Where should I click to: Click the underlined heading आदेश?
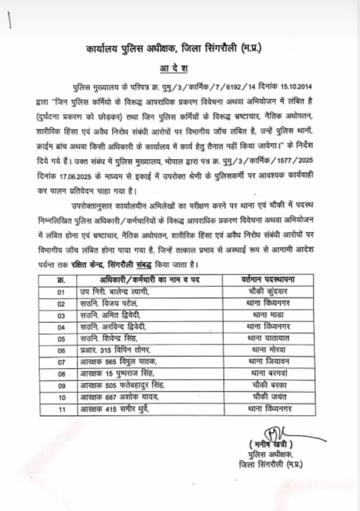[174, 69]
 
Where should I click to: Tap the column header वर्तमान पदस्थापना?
[268, 280]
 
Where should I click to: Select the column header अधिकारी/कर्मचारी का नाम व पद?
[149, 280]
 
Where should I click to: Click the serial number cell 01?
[61, 292]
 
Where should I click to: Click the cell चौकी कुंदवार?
[268, 291]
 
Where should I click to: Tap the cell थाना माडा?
[268, 315]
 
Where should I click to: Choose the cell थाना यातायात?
[268, 338]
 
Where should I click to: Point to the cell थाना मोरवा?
[268, 350]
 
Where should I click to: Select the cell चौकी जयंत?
[270, 397]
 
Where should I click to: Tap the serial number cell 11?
[62, 409]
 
